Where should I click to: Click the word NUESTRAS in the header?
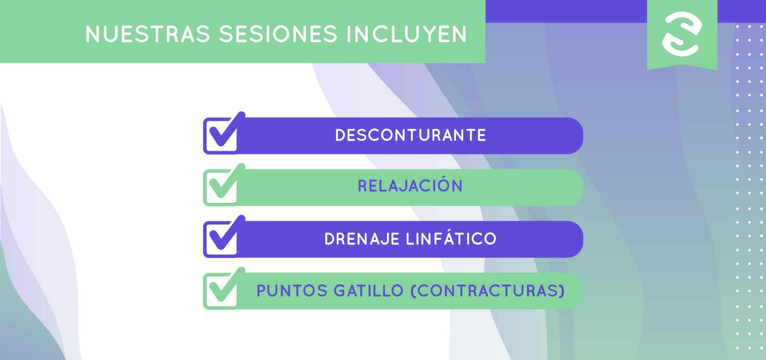point(148,34)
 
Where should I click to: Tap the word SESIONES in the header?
point(278,34)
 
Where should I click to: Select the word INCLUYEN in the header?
point(407,34)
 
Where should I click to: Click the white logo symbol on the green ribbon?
point(682,34)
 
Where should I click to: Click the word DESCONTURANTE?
point(411,135)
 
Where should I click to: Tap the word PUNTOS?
point(292,291)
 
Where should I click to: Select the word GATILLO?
point(369,291)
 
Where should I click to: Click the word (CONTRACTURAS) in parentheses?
point(488,291)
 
